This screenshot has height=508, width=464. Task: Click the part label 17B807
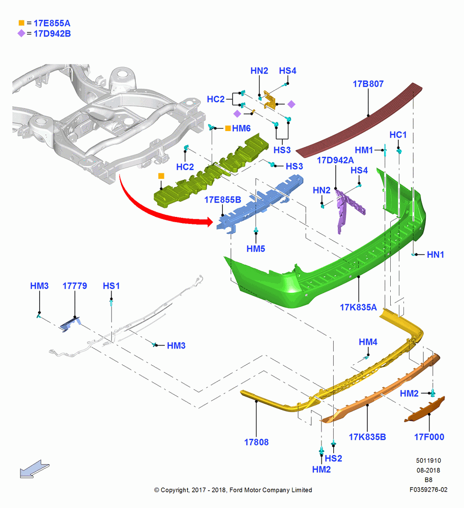click(368, 84)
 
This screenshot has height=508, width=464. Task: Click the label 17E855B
click(223, 200)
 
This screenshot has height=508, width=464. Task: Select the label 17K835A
click(358, 307)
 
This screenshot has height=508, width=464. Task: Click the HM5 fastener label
click(256, 249)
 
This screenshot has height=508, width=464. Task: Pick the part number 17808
click(256, 442)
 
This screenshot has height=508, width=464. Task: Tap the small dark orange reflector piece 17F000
click(425, 410)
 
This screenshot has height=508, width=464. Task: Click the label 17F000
click(429, 437)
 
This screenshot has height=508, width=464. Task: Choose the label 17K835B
click(367, 437)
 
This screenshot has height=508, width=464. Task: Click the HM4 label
click(368, 342)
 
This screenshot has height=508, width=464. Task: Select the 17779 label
click(75, 285)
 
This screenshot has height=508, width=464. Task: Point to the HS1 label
click(111, 285)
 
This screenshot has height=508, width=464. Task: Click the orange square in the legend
click(21, 23)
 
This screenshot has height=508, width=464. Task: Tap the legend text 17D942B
click(52, 34)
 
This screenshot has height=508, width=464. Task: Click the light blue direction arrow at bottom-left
click(35, 469)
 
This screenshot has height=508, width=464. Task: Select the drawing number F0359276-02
click(428, 490)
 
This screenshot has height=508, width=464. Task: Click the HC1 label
click(398, 135)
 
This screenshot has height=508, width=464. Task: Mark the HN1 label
click(436, 255)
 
